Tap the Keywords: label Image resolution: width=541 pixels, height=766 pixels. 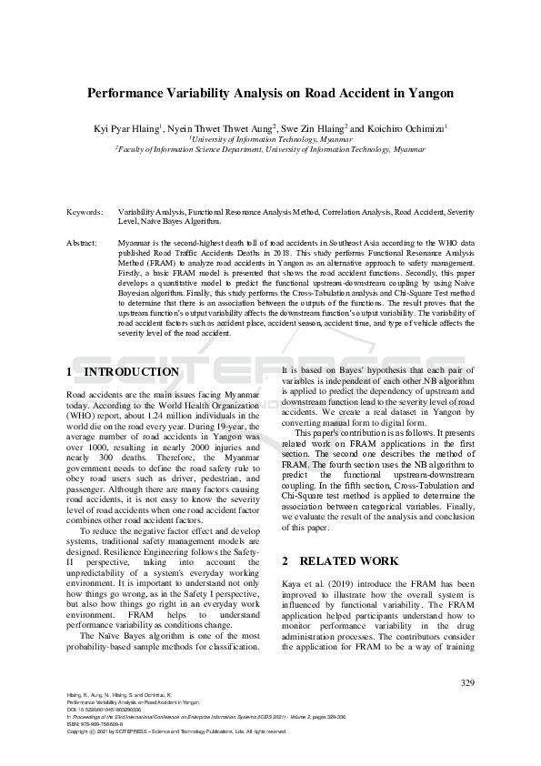point(85,211)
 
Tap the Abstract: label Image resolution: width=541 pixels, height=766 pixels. point(84,244)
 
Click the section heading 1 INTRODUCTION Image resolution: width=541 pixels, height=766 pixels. point(123,372)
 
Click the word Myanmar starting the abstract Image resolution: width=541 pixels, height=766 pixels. point(135,244)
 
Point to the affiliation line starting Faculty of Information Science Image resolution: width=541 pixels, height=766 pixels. point(270,148)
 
